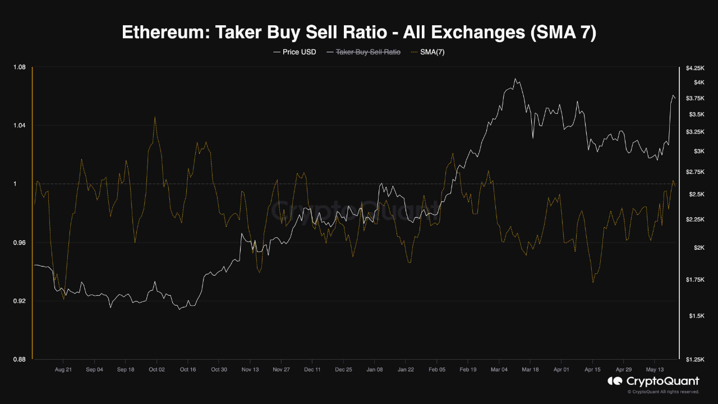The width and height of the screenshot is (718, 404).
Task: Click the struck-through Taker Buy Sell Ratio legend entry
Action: (368, 52)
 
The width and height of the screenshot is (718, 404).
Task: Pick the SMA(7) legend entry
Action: (432, 52)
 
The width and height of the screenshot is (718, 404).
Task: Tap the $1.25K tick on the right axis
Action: (694, 359)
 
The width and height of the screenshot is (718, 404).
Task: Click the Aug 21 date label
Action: (63, 370)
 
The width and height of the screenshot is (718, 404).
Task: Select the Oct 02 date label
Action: (157, 370)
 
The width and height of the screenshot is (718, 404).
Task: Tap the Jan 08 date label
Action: (374, 370)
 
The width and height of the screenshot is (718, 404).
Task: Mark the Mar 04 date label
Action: (499, 370)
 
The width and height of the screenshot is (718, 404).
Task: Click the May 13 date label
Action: (654, 370)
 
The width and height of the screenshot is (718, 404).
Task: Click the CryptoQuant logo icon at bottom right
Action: (615, 382)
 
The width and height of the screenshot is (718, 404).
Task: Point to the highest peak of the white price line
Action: (514, 79)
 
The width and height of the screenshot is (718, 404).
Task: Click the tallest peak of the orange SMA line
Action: (154, 117)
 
